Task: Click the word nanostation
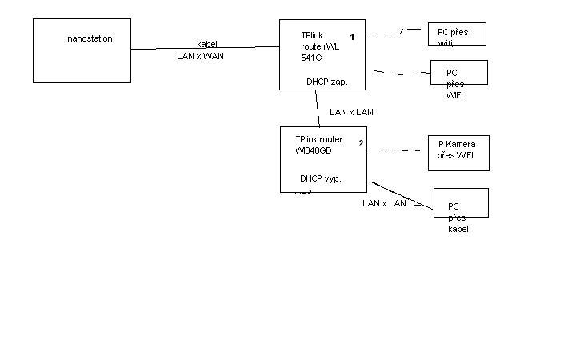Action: point(90,38)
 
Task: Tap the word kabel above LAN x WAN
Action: point(207,44)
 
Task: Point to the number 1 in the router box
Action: point(352,37)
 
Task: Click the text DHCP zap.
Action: point(326,82)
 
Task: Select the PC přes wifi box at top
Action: point(456,34)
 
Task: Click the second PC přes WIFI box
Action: point(458,78)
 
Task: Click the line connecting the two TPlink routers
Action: point(318,108)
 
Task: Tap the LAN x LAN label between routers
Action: point(351,112)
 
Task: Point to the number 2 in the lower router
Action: point(361,143)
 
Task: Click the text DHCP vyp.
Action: point(321,178)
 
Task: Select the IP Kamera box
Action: point(458,153)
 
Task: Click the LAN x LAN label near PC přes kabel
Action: point(384,203)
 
